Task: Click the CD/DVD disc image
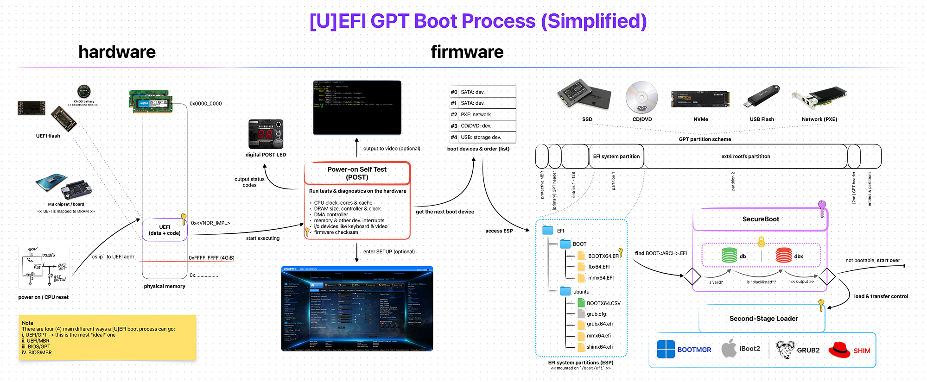point(641,97)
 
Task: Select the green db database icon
point(729,255)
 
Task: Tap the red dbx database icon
point(784,255)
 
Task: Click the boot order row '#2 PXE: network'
point(483,114)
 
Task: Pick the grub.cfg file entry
point(596,314)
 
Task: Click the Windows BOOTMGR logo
point(666,350)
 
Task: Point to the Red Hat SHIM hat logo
point(839,350)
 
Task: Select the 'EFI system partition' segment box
point(616,157)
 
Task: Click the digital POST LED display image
point(266,134)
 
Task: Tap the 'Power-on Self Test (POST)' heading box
point(357,173)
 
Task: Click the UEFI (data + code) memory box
point(165,230)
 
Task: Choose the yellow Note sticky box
point(108,338)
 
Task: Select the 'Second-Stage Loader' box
point(763,319)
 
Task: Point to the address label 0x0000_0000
point(205,104)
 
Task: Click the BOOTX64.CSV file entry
point(603,303)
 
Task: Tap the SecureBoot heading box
point(760,219)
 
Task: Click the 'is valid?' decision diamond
point(692,276)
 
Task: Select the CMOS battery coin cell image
point(84,91)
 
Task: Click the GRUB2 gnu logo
point(785,350)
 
